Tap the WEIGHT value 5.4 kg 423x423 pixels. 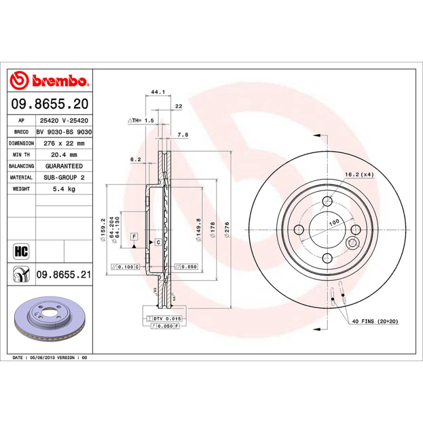coord(63,189)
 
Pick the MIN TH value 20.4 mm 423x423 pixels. coord(63,155)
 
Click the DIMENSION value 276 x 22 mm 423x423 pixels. coord(63,143)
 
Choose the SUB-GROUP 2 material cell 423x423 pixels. coord(63,178)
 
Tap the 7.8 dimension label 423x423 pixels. coord(183,135)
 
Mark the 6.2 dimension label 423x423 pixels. coord(135,159)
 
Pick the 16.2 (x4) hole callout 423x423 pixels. coord(359,174)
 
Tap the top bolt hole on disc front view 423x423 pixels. coord(328,201)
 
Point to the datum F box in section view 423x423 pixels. coord(134,236)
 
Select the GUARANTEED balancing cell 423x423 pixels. coord(63,166)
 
